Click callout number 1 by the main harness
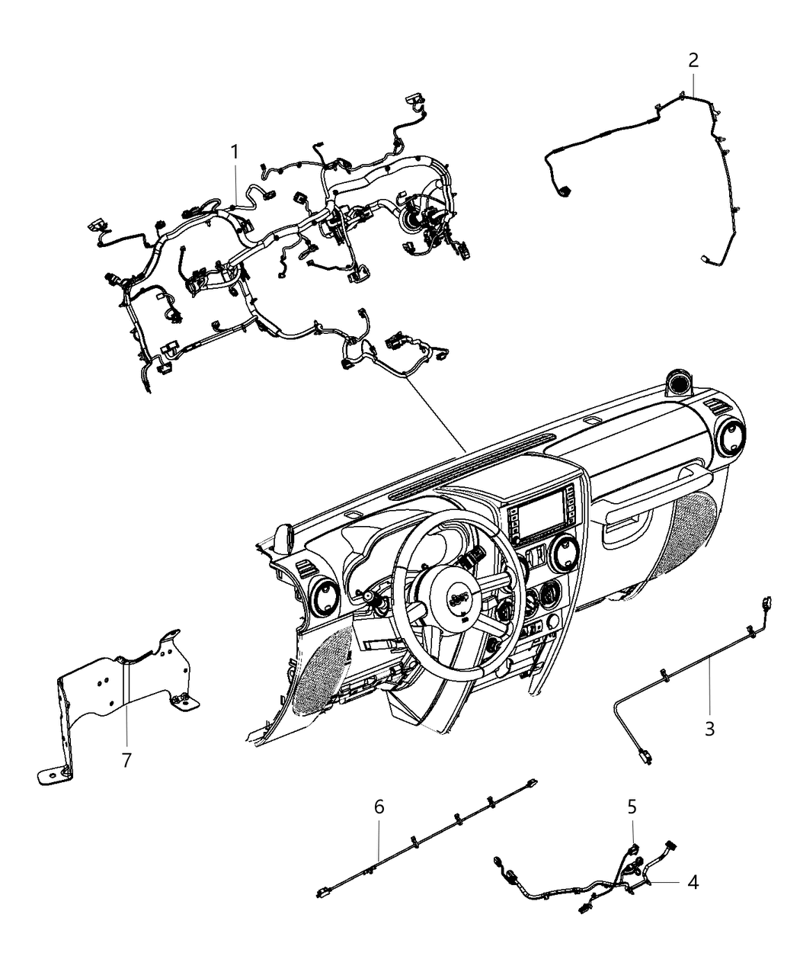[x=235, y=152]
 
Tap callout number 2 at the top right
[x=693, y=59]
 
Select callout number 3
[x=709, y=728]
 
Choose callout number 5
[x=632, y=806]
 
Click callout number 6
[x=379, y=806]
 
